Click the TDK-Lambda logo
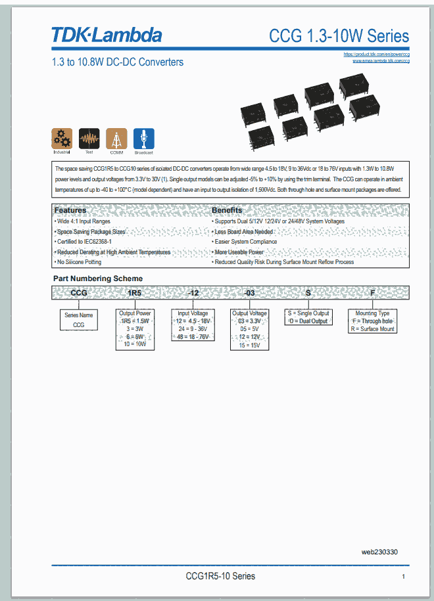pos(106,34)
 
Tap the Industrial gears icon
pos(62,139)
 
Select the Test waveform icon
pos(89,139)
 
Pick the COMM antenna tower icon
pos(116,139)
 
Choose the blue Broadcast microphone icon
pos(143,139)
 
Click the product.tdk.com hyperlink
pos(377,54)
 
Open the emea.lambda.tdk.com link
pos(381,60)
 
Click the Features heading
pos(70,210)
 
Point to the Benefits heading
pos(227,210)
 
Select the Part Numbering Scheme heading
pos(98,278)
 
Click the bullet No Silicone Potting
pos(80,262)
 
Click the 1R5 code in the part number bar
pos(134,293)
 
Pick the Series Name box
pos(79,320)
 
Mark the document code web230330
pos(379,552)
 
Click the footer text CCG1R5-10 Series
pos(220,576)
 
